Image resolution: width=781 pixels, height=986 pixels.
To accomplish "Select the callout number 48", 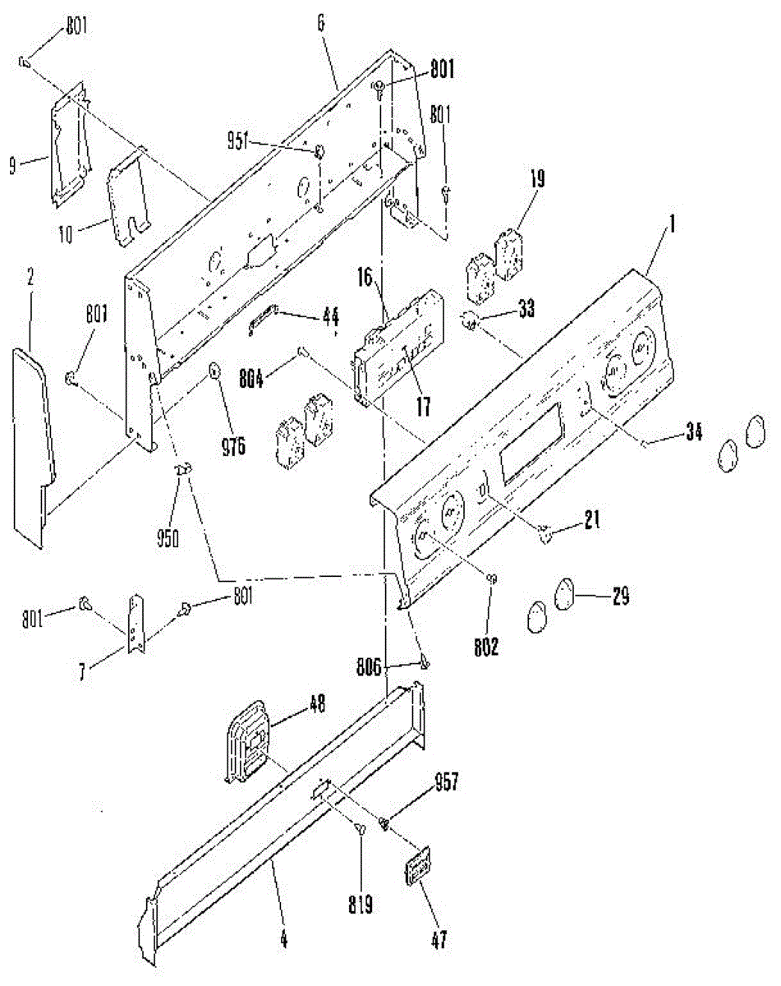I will (x=317, y=703).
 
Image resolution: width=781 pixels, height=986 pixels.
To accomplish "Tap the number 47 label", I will (x=439, y=940).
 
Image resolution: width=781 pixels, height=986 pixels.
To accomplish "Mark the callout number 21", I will (x=591, y=518).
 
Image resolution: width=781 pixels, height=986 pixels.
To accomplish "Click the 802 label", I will (x=486, y=647).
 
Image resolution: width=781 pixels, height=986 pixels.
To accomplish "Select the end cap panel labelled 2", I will (x=33, y=444).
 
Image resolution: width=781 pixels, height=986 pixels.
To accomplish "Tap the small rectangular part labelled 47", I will (x=418, y=867).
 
